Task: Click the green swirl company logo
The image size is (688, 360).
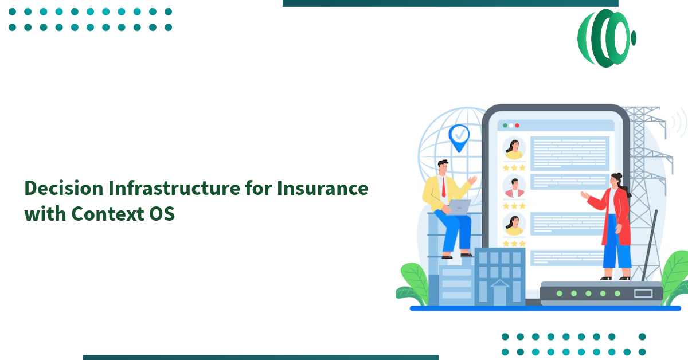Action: (x=605, y=38)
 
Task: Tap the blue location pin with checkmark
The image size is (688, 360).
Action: (x=459, y=138)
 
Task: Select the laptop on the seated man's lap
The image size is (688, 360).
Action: (x=458, y=207)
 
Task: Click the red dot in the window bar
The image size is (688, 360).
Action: (x=517, y=126)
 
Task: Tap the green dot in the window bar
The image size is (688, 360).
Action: (x=505, y=126)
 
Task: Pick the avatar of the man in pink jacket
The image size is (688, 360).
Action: (x=514, y=187)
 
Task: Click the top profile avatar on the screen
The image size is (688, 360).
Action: (x=514, y=149)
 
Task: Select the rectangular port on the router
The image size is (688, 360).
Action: (x=643, y=294)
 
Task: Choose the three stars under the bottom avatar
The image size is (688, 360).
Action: (x=514, y=244)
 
